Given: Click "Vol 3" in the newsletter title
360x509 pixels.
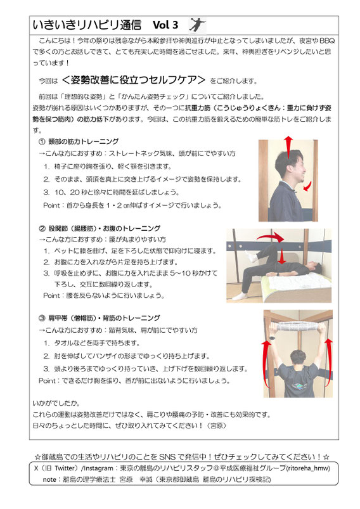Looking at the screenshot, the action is [165, 25].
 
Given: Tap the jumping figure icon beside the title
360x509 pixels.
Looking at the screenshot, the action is [197, 25].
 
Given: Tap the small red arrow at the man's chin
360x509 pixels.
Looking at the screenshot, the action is [307, 186].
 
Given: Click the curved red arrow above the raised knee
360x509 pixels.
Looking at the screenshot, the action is [271, 236].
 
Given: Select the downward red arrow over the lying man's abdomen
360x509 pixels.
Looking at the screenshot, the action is [282, 256].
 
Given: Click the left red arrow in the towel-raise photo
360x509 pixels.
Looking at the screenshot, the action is [266, 364].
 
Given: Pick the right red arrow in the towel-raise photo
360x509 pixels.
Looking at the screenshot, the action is [328, 363].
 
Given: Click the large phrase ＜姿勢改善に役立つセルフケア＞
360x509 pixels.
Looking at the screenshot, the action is [134, 80].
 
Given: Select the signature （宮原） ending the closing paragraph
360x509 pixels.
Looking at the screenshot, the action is [217, 425].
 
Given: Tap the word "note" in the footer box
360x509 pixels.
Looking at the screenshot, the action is [49, 479].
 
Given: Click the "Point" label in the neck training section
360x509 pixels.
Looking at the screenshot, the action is [51, 205].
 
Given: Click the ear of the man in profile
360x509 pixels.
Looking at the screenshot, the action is [288, 169].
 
